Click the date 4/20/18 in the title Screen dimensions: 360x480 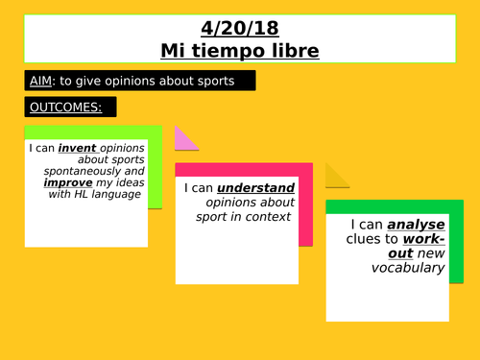click(239, 28)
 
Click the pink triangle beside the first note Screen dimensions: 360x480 click(183, 140)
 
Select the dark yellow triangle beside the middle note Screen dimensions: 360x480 click(336, 177)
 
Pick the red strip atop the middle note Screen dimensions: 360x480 click(244, 169)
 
